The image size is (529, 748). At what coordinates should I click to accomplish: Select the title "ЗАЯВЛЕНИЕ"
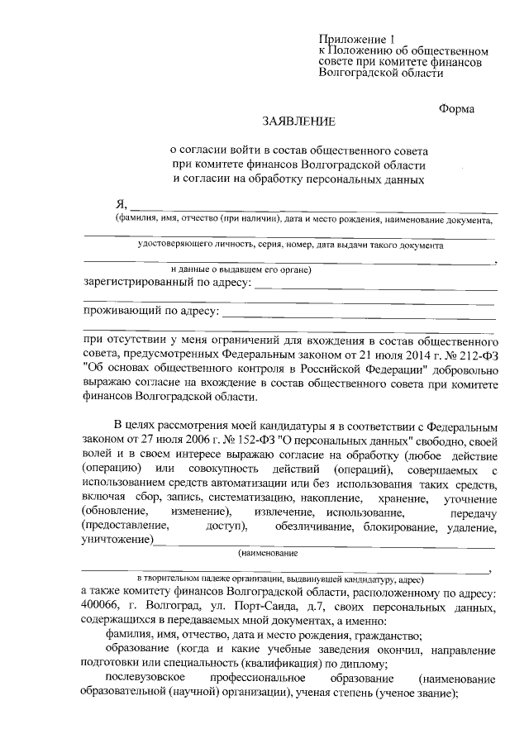(299, 121)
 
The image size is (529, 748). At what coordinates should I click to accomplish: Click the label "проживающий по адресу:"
(151, 312)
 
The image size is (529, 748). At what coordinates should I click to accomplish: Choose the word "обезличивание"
(317, 526)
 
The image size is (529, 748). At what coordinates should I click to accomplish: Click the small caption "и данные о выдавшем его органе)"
(241, 269)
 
